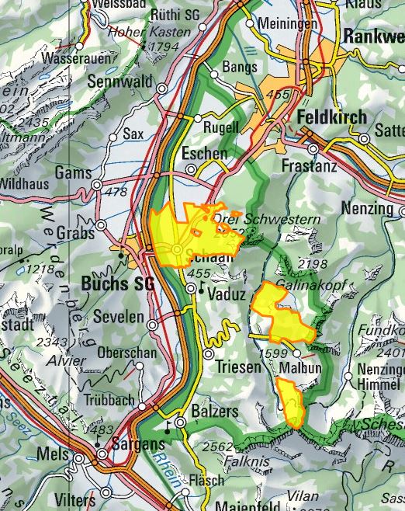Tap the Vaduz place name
click(x=227, y=295)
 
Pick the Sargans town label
click(x=135, y=445)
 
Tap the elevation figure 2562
click(x=216, y=447)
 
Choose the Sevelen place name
click(x=119, y=318)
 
